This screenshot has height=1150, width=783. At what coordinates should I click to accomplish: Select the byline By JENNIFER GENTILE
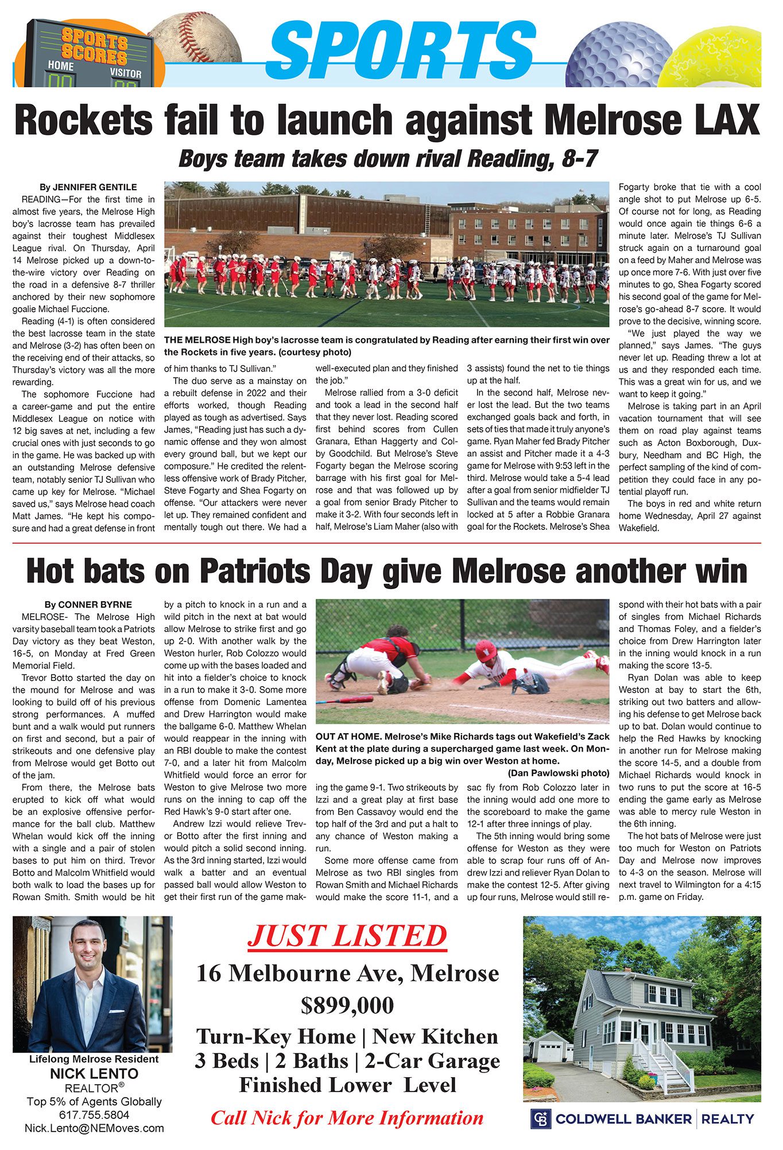(88, 187)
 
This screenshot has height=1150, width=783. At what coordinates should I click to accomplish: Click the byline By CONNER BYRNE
(88, 605)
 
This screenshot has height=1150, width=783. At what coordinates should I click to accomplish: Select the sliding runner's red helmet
(486, 651)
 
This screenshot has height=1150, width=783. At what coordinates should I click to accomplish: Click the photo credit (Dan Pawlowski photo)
(558, 773)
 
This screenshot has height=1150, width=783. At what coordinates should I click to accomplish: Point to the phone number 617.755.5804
(94, 1115)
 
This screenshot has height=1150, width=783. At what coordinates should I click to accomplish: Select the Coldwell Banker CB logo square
(541, 1119)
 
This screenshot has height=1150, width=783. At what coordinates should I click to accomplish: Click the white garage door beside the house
(550, 1051)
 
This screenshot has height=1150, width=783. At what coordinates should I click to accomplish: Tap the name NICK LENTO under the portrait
(94, 1074)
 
